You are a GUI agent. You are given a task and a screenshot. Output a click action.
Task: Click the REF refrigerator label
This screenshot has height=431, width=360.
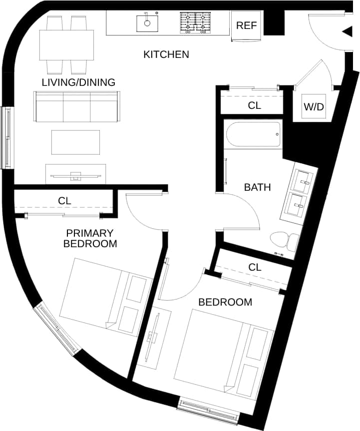pyautogui.click(x=246, y=25)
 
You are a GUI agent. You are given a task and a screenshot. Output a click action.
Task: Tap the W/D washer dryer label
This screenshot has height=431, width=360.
pyautogui.click(x=314, y=106)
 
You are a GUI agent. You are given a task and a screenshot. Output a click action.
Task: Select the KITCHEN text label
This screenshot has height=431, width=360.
pyautogui.click(x=166, y=54)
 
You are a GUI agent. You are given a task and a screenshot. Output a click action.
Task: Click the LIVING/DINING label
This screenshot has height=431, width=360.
pyautogui.click(x=78, y=82)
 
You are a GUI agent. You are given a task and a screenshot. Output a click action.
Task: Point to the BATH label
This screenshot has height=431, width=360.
pyautogui.click(x=257, y=187)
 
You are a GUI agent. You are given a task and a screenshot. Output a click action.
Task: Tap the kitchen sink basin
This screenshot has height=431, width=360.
pyautogui.click(x=147, y=22)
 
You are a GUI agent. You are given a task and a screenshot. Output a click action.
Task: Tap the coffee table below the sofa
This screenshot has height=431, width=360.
pyautogui.click(x=75, y=142)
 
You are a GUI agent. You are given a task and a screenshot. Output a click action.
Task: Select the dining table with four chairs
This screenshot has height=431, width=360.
pyautogui.click(x=66, y=45)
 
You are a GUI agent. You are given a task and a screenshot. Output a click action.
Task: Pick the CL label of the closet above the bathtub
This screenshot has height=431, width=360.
pyautogui.click(x=255, y=106)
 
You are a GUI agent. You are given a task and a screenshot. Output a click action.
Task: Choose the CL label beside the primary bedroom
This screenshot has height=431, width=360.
pyautogui.click(x=64, y=201)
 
